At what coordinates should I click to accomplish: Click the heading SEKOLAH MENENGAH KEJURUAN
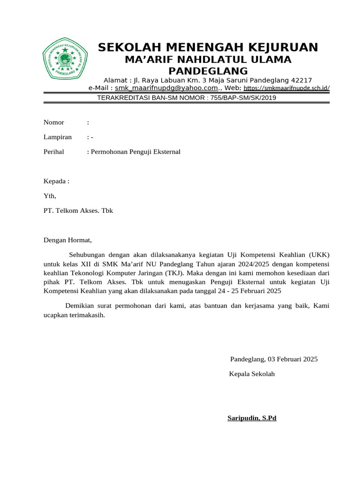[x=208, y=47]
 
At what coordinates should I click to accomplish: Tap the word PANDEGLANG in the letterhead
[x=208, y=71]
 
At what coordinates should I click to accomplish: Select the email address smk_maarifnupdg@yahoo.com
[x=166, y=88]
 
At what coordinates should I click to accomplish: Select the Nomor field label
[x=54, y=122]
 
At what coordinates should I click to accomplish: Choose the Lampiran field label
[x=58, y=137]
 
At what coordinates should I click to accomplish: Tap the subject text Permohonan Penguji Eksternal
[x=135, y=152]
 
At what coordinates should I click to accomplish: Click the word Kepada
[x=55, y=181]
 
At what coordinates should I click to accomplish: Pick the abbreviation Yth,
[x=50, y=196]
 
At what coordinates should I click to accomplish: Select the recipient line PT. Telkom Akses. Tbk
[x=78, y=211]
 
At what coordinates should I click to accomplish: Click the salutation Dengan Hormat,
[x=68, y=240]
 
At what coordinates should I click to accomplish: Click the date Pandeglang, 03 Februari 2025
[x=274, y=359]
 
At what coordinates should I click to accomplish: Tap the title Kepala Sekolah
[x=252, y=374]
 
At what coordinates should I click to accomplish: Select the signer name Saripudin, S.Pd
[x=252, y=418]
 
